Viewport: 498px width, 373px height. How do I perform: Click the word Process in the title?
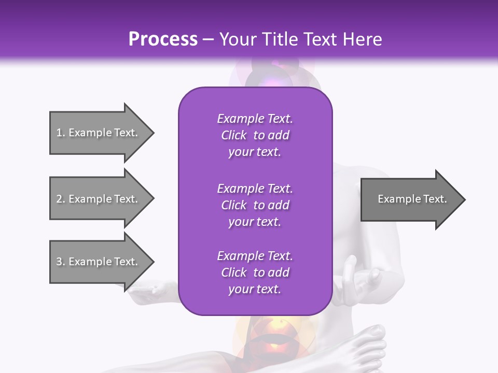[x=163, y=39]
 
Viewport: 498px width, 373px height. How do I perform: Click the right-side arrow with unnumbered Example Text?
[x=412, y=199]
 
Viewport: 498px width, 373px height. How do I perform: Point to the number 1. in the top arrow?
[x=61, y=133]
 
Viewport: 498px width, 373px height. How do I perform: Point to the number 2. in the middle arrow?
[x=61, y=199]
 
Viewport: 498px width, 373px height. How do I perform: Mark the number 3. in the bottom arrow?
[x=61, y=262]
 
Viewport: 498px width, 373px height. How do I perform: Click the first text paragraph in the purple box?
[x=255, y=135]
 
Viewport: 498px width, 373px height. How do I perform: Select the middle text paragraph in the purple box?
[x=255, y=205]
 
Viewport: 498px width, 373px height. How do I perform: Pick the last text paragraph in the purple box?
[x=255, y=272]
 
